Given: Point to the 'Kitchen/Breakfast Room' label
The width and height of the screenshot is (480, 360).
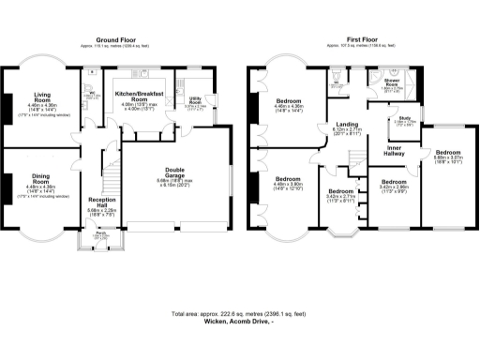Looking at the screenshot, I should (139, 96).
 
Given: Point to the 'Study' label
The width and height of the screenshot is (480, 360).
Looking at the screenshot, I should (405, 119).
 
